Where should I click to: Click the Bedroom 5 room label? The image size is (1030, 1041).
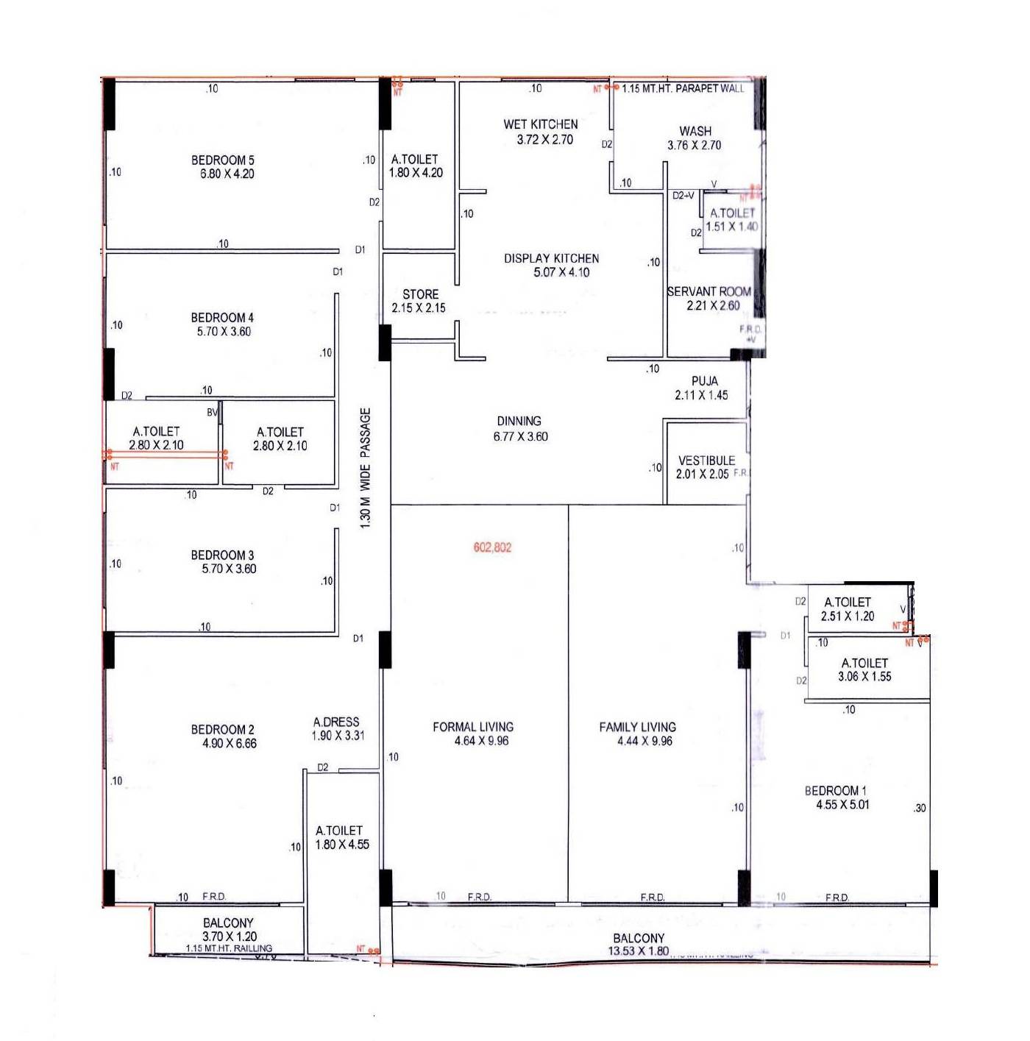click(x=222, y=160)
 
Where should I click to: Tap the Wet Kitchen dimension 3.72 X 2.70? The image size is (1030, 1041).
click(x=544, y=140)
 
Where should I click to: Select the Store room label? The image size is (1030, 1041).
click(x=420, y=294)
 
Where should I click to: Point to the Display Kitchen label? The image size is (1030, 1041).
click(x=551, y=258)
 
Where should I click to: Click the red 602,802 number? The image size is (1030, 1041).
click(x=492, y=547)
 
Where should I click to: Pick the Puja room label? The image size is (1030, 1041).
click(x=704, y=381)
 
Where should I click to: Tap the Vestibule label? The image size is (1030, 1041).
click(x=706, y=461)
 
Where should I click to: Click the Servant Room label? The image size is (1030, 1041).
click(x=708, y=291)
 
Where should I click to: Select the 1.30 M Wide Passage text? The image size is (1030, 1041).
click(x=366, y=468)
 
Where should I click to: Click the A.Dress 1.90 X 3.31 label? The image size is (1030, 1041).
click(x=337, y=728)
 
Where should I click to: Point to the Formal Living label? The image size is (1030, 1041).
click(x=473, y=727)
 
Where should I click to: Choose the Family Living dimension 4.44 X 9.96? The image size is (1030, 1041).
click(x=644, y=741)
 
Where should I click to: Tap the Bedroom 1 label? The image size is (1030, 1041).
click(x=835, y=791)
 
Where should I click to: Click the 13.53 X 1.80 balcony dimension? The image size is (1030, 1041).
click(x=638, y=951)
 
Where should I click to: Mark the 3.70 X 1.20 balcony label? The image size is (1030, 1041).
click(x=230, y=937)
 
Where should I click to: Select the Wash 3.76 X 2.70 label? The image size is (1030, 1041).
click(x=695, y=138)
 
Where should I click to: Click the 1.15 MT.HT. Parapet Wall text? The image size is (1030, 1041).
click(x=683, y=88)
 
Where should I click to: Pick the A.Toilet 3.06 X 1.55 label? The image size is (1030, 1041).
click(x=864, y=669)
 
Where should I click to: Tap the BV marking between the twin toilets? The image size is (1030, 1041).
click(x=212, y=413)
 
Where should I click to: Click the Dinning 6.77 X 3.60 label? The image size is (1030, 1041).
click(x=519, y=429)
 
